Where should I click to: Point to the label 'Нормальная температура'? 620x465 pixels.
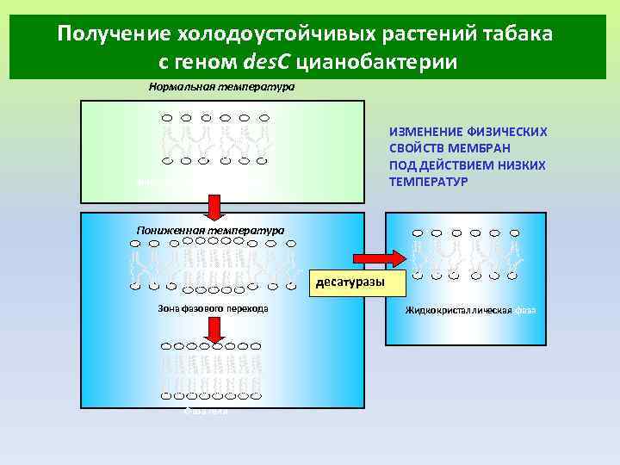221,87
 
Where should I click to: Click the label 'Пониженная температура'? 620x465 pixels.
210,230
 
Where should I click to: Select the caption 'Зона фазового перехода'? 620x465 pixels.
213,307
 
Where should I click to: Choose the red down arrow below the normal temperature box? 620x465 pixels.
214,206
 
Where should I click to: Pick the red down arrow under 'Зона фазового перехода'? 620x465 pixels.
213,328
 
